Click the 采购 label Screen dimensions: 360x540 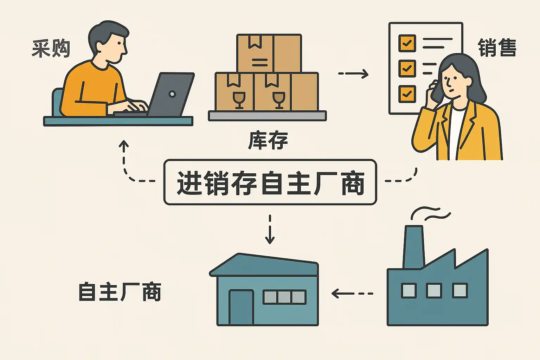tap(51, 49)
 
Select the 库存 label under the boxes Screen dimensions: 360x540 tap(268, 141)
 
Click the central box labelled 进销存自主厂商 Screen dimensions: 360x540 tap(270, 182)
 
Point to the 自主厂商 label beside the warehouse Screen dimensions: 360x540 tap(120, 292)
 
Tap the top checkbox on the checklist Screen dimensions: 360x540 tap(407, 43)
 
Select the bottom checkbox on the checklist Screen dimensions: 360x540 tap(407, 94)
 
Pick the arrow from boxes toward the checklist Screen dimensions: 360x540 tap(353, 73)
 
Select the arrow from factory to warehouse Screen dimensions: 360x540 tap(352, 293)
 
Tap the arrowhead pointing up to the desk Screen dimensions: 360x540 tap(124, 144)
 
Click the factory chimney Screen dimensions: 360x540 tap(413, 246)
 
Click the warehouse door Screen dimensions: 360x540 tap(241, 307)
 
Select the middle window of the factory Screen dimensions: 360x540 tap(434, 291)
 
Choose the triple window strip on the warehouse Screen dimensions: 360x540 tap(284, 297)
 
